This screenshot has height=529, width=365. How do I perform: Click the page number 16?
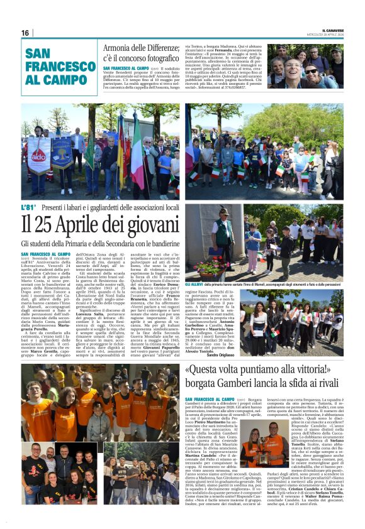pos(25,33)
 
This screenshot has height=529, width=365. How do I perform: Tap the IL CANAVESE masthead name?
pos(332,30)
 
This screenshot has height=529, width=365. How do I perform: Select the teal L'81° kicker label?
pos(29,206)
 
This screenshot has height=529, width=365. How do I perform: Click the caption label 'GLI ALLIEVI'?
pos(194,266)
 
